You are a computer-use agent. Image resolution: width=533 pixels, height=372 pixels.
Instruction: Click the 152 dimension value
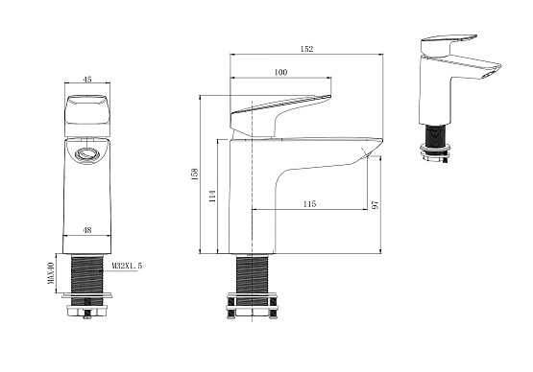click(306, 49)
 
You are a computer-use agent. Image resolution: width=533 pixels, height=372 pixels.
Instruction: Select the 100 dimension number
click(280, 72)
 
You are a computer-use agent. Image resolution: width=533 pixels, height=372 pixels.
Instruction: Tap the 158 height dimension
click(195, 174)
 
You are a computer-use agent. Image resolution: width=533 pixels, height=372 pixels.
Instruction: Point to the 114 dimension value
click(213, 197)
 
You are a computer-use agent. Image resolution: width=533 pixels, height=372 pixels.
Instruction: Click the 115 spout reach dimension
click(309, 204)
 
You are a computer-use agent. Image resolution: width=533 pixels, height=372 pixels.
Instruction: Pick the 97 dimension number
click(376, 205)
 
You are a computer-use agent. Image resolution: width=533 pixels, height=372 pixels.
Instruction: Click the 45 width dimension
click(87, 80)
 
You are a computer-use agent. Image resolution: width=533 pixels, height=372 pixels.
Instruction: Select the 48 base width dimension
click(87, 230)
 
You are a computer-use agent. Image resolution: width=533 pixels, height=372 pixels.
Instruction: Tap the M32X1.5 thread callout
click(127, 267)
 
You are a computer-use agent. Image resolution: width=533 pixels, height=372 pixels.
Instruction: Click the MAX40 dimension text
click(51, 273)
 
